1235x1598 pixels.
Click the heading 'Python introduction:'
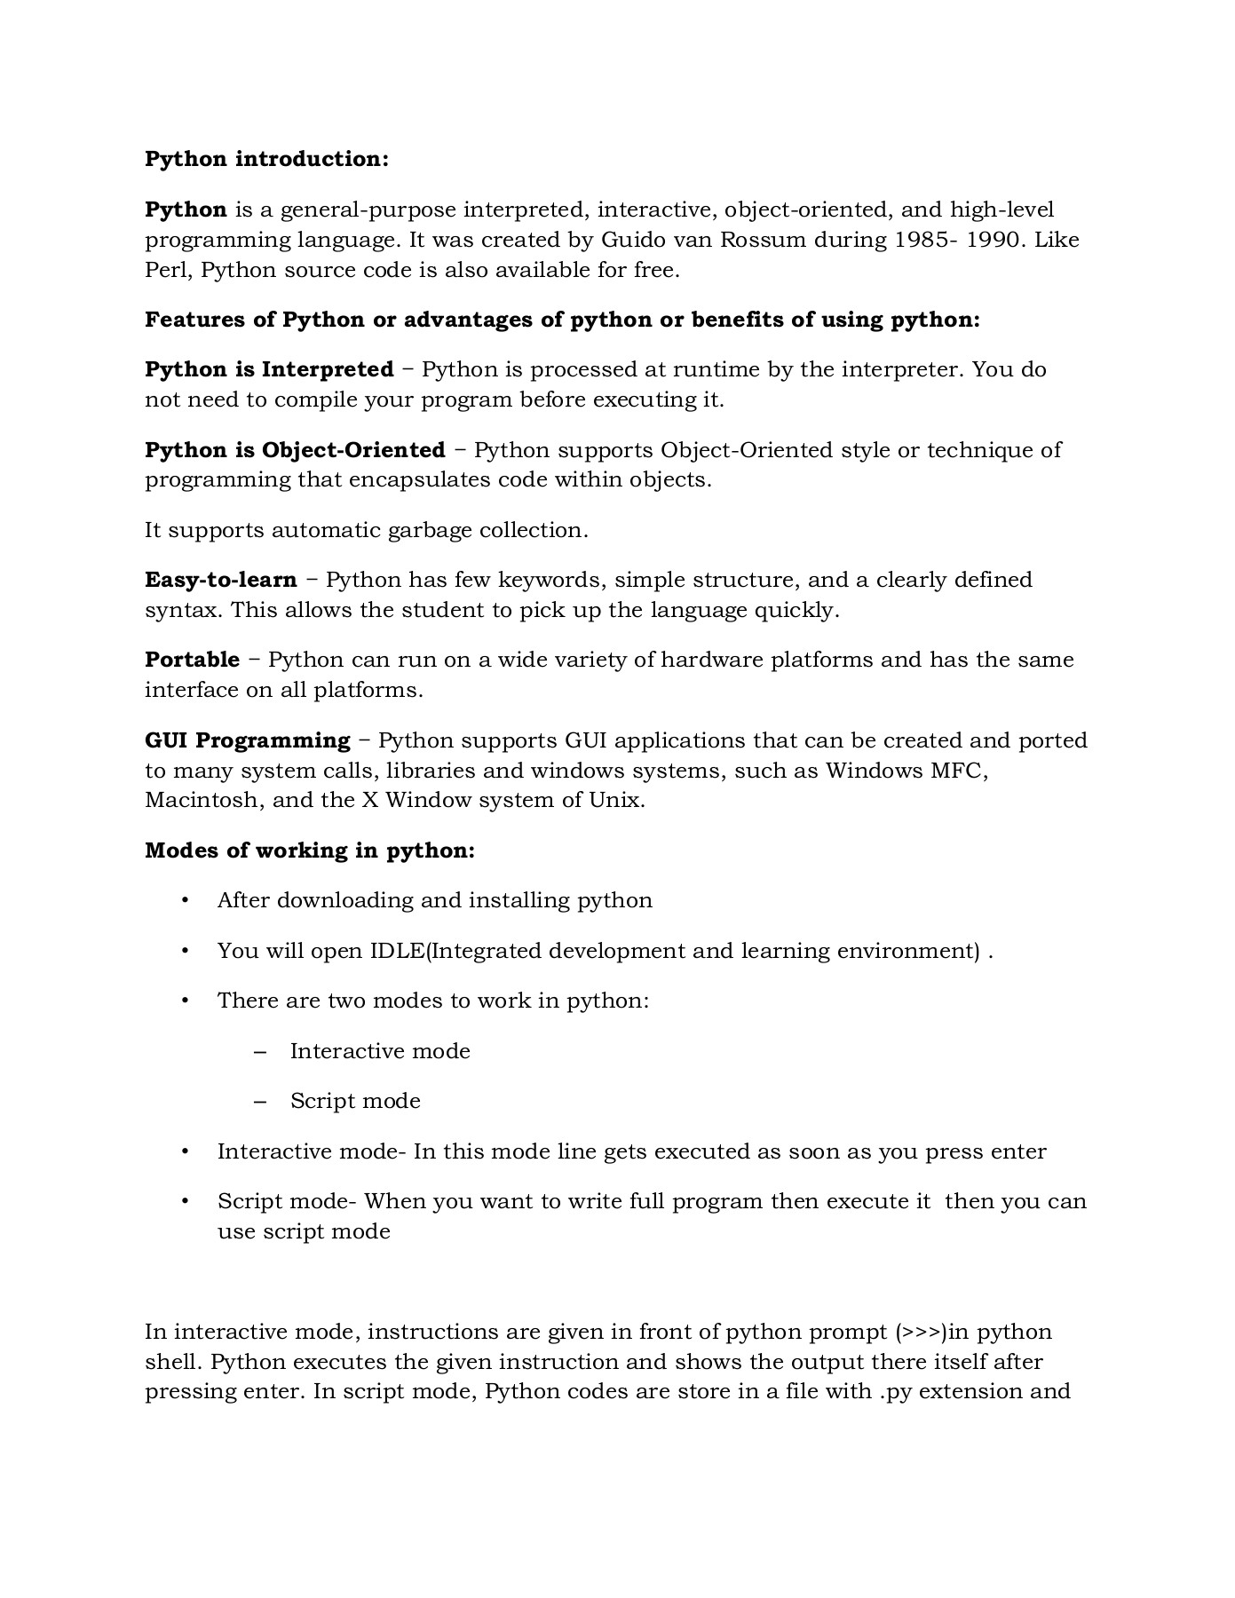[x=266, y=160]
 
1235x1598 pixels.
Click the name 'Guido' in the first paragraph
[x=630, y=241]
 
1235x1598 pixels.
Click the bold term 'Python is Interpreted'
[x=269, y=369]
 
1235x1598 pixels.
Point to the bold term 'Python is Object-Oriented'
[x=295, y=450]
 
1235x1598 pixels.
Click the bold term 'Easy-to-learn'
[x=221, y=581]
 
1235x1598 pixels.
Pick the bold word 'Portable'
[x=192, y=661]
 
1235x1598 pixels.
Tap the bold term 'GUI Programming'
[x=248, y=741]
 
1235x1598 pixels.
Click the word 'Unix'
[x=614, y=801]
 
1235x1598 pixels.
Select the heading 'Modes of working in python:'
[x=310, y=851]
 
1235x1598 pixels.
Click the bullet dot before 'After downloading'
[x=185, y=901]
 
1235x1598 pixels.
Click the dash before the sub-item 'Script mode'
[x=260, y=1102]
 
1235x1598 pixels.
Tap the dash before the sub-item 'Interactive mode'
[x=260, y=1052]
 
